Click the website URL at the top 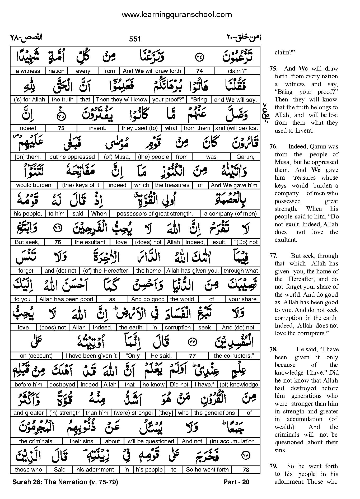176,15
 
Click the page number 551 135,39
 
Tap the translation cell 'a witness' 28,71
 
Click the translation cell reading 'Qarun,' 245,157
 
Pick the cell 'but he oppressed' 72,157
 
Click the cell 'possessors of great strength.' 155,214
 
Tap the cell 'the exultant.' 91,242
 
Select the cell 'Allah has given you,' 192,271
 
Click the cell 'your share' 242,299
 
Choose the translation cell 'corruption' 177,328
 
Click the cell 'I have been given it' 91,356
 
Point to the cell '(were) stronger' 134,413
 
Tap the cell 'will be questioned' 151,441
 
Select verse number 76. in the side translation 274,147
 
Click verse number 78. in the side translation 274,349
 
